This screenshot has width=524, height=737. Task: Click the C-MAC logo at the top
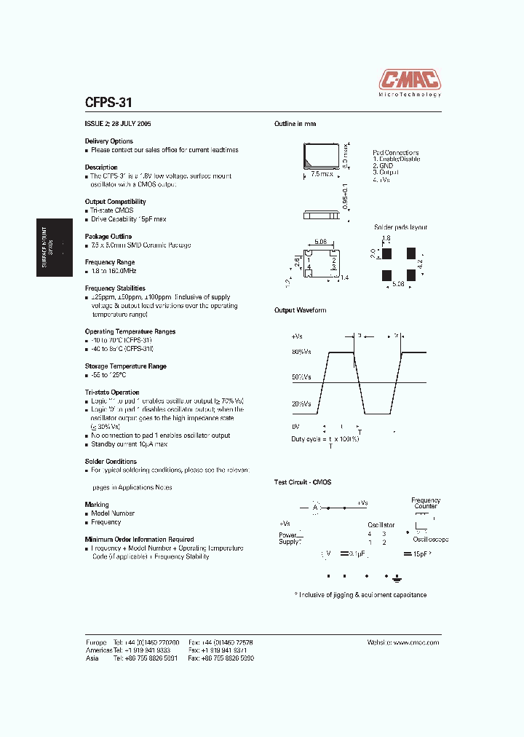coord(410,79)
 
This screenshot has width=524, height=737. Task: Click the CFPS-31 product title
coord(108,103)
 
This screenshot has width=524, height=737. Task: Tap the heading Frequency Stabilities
coord(115,288)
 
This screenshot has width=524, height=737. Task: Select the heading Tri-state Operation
coord(112,392)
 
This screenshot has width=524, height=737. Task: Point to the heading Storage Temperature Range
coord(126,366)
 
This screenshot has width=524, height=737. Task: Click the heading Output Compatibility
coord(115,202)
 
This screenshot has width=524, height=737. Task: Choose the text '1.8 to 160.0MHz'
coord(114,271)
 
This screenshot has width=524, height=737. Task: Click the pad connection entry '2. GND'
coord(383,165)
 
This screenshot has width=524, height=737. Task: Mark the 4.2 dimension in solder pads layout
coord(420,263)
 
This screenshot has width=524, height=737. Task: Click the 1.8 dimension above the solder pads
coord(386,238)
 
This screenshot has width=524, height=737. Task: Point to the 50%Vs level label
coord(301,377)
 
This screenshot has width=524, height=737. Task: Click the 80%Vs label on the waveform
coord(301,352)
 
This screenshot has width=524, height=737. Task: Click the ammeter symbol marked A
coord(317,507)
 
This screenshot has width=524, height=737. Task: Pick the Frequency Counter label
coord(426,503)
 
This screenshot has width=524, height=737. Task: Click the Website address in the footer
coord(404,642)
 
